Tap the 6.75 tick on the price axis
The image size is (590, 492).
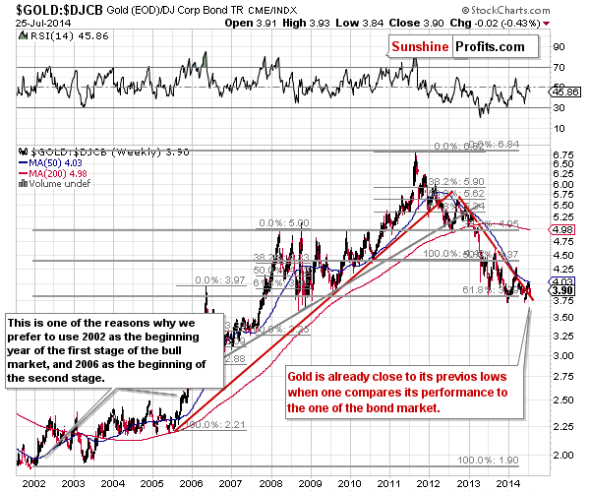[x=563, y=154]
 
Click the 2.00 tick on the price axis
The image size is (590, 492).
[x=563, y=456]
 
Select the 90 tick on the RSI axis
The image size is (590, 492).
[x=559, y=45]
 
